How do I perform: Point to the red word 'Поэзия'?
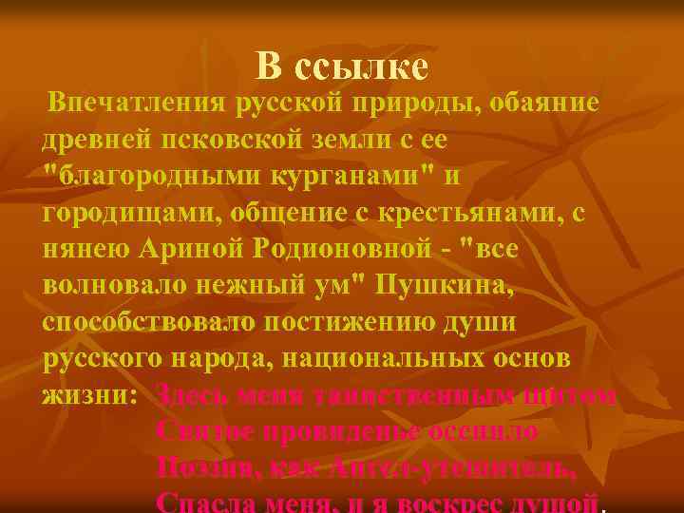tap(205, 466)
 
